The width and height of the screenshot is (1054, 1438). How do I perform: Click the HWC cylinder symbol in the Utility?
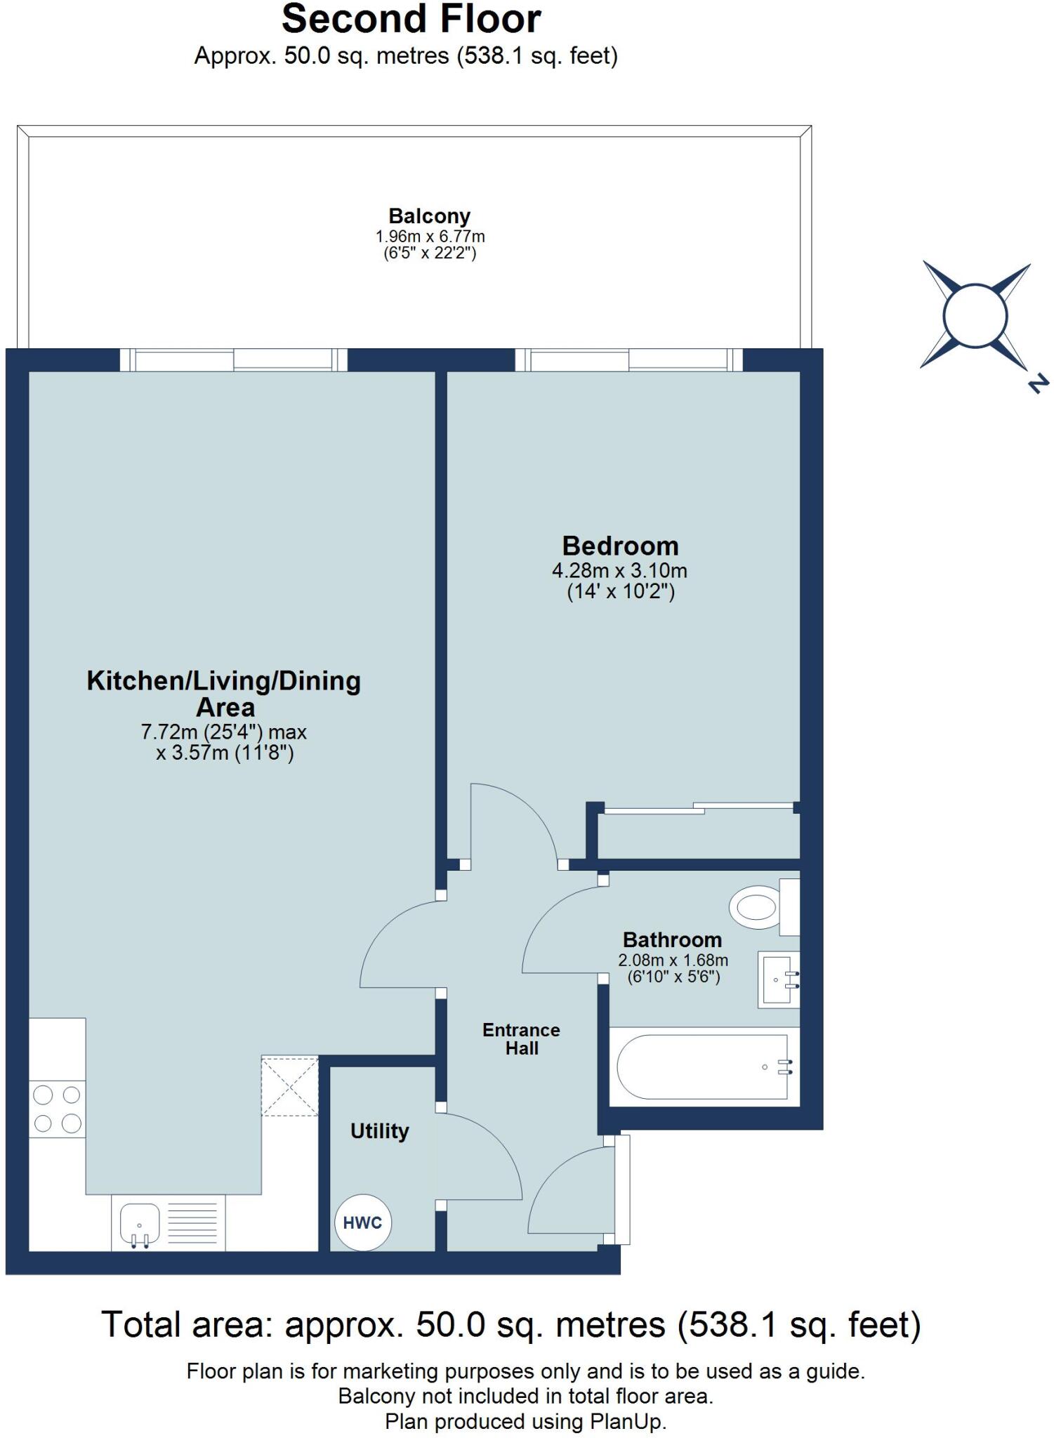click(362, 1222)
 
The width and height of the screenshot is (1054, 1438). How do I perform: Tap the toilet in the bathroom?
click(757, 906)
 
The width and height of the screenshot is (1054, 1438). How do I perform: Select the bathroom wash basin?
click(778, 979)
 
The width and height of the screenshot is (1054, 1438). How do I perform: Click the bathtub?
click(704, 1067)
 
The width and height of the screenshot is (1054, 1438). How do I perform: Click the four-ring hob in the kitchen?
click(57, 1109)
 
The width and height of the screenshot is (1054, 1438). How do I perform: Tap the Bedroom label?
click(620, 546)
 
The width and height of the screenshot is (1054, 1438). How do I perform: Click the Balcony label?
click(429, 216)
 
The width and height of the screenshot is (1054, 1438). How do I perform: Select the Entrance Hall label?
click(521, 1038)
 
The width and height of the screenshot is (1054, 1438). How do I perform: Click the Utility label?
click(379, 1130)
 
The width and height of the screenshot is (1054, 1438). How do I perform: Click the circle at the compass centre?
click(975, 316)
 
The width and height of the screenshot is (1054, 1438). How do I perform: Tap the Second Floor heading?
click(411, 20)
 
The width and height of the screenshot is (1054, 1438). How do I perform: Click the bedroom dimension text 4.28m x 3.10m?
click(619, 570)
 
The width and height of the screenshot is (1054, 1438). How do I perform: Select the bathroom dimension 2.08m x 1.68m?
click(673, 960)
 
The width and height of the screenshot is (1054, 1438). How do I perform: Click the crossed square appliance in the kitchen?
click(289, 1086)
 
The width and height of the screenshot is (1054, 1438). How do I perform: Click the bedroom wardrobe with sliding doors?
click(698, 835)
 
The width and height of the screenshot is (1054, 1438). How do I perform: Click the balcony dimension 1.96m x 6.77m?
click(430, 237)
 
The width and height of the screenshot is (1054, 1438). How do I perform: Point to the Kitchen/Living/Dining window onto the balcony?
click(233, 360)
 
